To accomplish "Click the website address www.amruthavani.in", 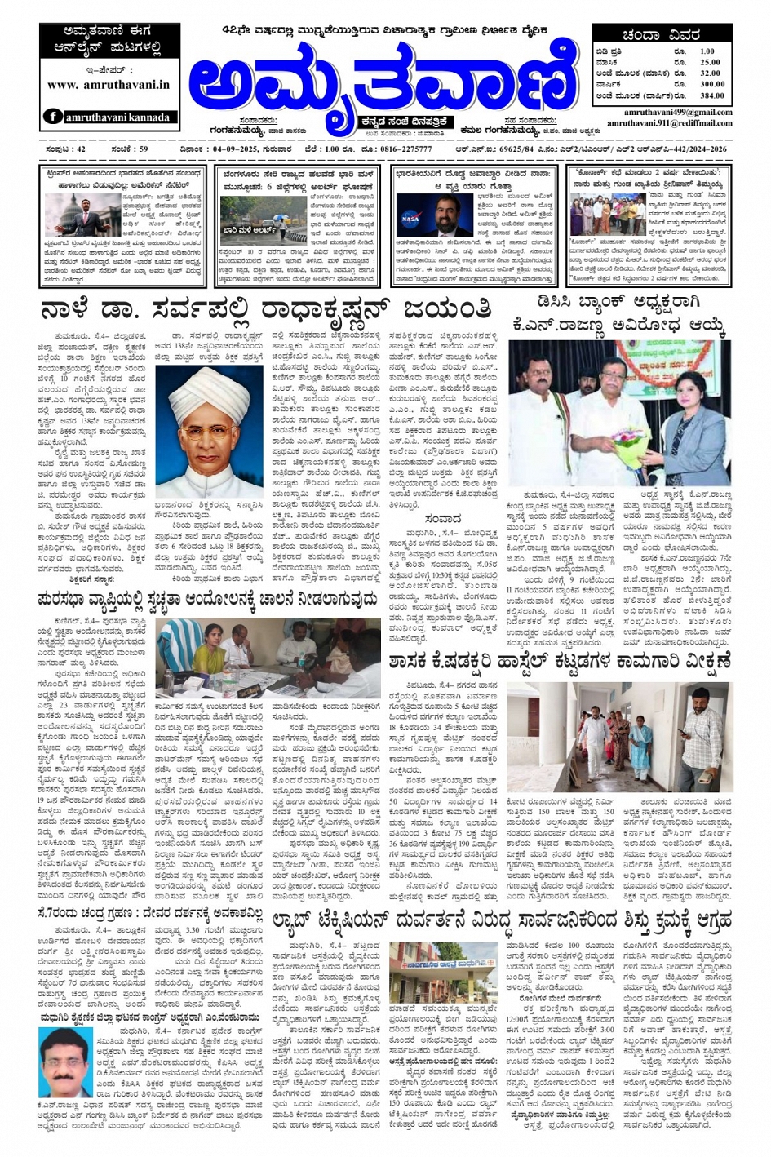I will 109,84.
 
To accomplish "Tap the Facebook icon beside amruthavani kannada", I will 54,117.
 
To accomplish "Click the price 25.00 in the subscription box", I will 709,62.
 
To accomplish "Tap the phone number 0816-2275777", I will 405,150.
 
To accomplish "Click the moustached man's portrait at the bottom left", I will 64,1062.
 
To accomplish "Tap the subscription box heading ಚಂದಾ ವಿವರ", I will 662,35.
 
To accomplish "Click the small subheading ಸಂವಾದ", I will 442,517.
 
